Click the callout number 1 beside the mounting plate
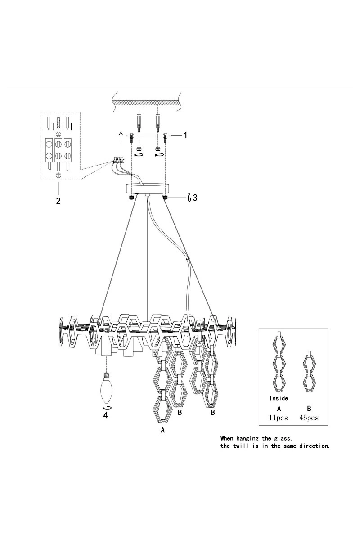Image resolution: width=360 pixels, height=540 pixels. tap(185, 135)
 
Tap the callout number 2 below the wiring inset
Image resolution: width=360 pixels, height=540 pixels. tap(58, 201)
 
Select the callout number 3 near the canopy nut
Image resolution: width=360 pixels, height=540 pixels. tap(195, 198)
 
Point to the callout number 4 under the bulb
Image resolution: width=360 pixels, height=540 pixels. tap(106, 415)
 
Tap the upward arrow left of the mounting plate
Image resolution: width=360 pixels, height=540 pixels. tap(121, 138)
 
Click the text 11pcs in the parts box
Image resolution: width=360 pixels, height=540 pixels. tap(278, 418)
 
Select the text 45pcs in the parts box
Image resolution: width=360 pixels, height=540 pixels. tap(309, 418)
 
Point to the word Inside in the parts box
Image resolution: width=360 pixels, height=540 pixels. tap(279, 398)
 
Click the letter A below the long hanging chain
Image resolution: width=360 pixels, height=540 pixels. tap(163, 430)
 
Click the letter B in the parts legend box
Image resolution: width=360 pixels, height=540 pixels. tap(309, 409)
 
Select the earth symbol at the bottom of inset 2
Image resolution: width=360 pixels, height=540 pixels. tap(58, 175)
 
